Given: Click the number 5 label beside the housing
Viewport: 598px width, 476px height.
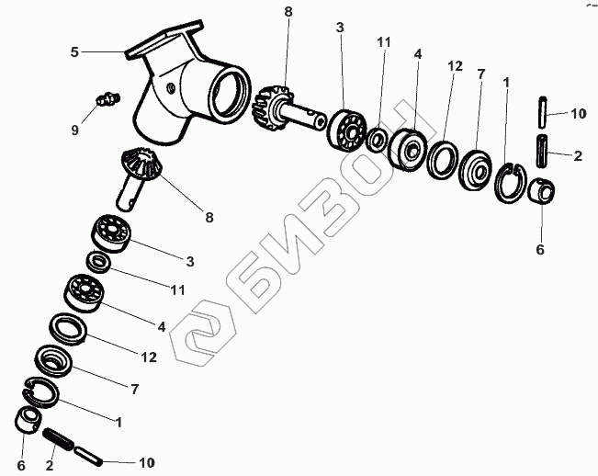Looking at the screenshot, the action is [x=74, y=51].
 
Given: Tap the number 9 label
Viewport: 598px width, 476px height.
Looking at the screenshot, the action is [x=75, y=130].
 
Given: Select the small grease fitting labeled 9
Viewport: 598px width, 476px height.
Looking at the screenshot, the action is [x=107, y=99].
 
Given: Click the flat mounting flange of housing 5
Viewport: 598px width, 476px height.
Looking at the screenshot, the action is [x=164, y=39].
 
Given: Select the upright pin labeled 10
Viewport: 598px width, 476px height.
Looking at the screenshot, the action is [x=542, y=112].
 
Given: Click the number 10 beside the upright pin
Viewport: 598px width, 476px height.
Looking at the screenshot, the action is [x=578, y=113].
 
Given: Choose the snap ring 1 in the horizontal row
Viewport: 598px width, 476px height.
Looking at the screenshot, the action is [x=511, y=182].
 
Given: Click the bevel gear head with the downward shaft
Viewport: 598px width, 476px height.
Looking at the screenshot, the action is [x=141, y=164].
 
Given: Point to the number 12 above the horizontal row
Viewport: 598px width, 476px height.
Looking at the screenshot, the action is [x=454, y=66].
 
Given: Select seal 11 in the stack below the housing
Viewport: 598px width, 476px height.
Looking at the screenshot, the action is [x=99, y=262].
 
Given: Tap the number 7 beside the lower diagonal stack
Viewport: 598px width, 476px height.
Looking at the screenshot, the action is [x=135, y=389].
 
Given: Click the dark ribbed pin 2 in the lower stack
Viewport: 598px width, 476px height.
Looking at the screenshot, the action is [x=59, y=438].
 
